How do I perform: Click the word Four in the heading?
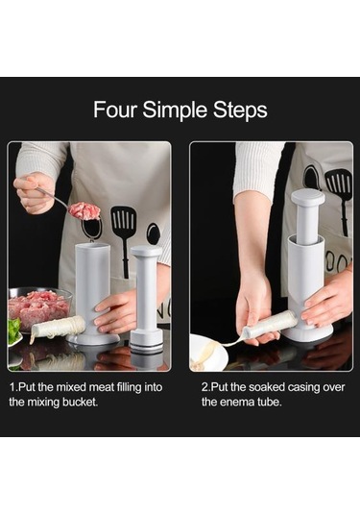pos(114,110)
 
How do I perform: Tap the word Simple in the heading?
pos(175,110)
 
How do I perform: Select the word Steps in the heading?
pos(240,110)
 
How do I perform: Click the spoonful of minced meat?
pos(84,210)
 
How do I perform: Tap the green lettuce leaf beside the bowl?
pos(13,330)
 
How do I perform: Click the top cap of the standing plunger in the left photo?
pos(147,252)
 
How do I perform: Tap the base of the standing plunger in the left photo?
pos(147,341)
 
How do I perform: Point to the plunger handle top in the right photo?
pos(308,197)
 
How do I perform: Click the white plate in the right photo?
pos(208,353)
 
